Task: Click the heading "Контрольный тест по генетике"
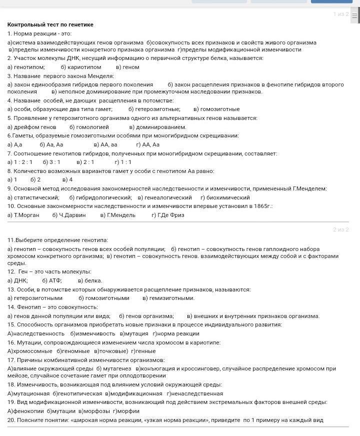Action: point(50,24)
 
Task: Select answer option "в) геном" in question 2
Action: point(127,67)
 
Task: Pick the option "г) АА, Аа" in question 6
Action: point(147,144)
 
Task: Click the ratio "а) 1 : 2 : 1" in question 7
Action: point(20,162)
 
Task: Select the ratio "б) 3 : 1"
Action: point(51,162)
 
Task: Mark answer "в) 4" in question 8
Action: point(67,179)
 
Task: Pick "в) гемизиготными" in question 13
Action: point(168,298)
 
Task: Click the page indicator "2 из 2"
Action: point(340,229)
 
